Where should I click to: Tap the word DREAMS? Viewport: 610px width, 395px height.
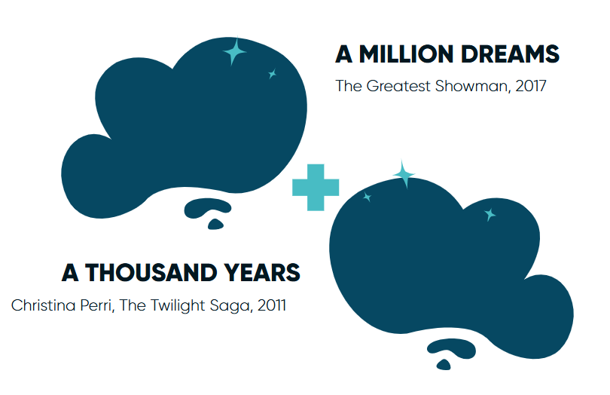coord(510,54)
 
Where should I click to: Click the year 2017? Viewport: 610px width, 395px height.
coord(531,86)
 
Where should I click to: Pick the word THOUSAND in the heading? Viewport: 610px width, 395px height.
coord(151,273)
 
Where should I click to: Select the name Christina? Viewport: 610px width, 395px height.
coord(44,305)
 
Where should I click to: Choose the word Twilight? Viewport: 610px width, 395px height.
coord(178,305)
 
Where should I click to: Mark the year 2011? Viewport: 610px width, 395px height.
coord(272,305)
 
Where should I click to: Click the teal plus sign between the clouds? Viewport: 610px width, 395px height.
coord(316,188)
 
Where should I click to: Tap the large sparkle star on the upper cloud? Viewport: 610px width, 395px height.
coord(234,51)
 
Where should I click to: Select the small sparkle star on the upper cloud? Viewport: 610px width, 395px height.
coord(273,74)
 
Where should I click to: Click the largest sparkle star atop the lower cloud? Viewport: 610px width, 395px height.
coord(404,174)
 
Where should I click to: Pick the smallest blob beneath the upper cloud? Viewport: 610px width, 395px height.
coord(215,225)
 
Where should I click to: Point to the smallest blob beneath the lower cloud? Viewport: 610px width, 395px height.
coord(444,365)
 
